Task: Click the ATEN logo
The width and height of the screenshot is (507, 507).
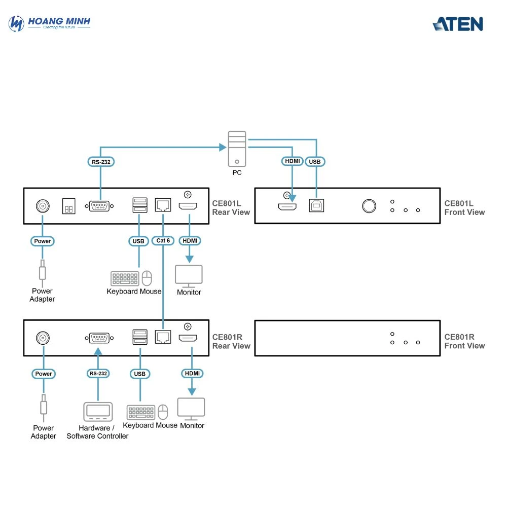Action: (458, 24)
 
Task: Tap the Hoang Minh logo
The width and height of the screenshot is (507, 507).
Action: (50, 23)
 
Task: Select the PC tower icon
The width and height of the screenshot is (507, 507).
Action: (237, 149)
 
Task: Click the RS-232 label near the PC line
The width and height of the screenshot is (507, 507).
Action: (100, 162)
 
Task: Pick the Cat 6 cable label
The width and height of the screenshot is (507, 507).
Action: (163, 241)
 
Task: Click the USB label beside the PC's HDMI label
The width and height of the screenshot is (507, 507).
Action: (315, 162)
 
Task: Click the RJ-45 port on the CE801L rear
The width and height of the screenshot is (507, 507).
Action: (163, 205)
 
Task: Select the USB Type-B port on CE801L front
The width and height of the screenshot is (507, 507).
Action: (316, 205)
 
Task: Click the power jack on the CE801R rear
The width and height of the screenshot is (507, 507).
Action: (43, 338)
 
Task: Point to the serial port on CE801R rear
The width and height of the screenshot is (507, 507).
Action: (98, 338)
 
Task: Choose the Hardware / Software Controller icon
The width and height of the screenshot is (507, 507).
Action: (97, 411)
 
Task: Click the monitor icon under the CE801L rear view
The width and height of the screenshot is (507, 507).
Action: (189, 276)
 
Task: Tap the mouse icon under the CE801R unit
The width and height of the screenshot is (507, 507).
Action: (163, 412)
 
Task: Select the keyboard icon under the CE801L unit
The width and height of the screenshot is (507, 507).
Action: (125, 279)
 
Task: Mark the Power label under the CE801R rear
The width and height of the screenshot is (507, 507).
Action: (43, 374)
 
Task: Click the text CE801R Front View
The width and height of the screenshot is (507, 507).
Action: (464, 341)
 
